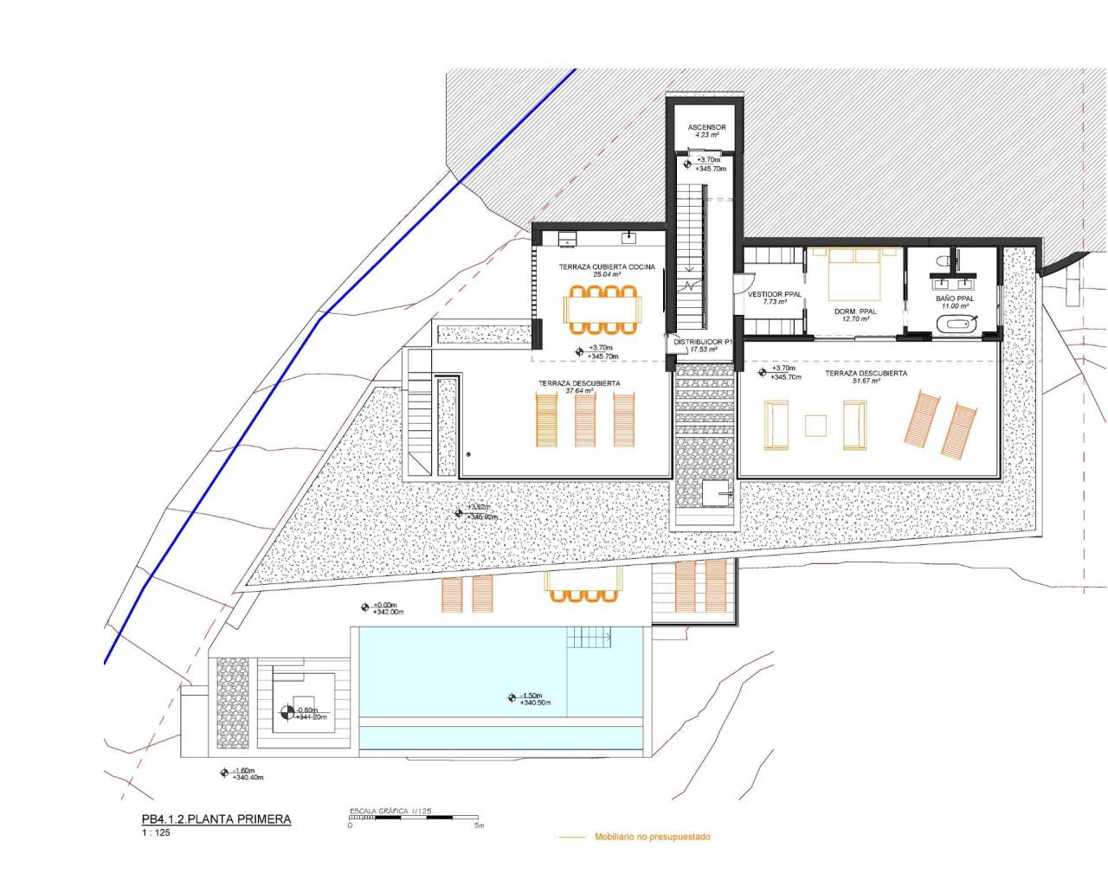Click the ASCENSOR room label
[706, 128]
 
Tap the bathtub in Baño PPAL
[954, 325]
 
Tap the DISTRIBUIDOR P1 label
[703, 343]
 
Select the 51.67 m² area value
[866, 381]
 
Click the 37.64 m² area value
[579, 391]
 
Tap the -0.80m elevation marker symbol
[287, 713]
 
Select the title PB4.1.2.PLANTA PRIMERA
[216, 819]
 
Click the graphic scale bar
[413, 818]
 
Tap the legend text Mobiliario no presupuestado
[652, 837]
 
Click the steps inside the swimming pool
[589, 639]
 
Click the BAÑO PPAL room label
[954, 299]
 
